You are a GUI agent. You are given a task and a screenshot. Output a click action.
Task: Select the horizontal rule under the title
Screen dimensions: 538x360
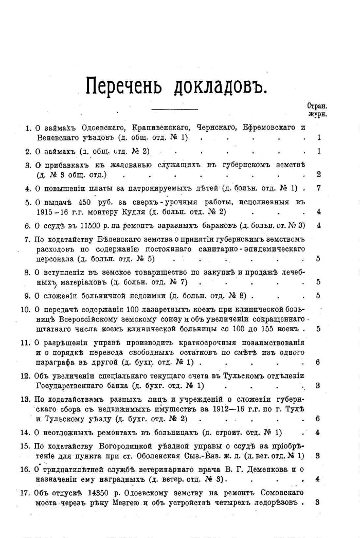click(176, 107)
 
